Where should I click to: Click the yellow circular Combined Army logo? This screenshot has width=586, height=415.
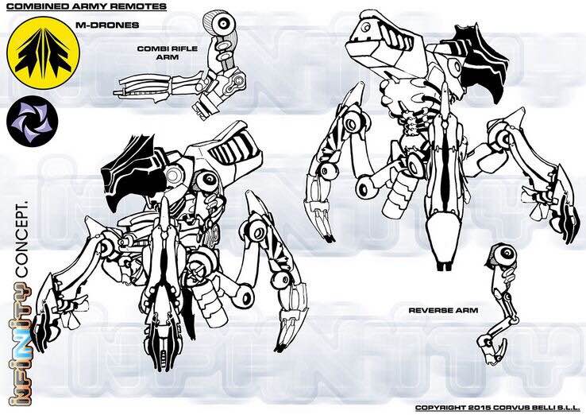coord(43,53)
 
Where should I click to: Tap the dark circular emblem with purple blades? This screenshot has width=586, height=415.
coord(32,121)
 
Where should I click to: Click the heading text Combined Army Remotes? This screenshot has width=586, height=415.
coord(87,6)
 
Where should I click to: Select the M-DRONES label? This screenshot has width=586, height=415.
coord(107,25)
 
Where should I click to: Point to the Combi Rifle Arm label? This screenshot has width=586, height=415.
coord(167,52)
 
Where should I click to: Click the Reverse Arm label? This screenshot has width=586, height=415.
coord(443,310)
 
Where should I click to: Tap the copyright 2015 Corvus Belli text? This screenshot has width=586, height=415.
coord(498,408)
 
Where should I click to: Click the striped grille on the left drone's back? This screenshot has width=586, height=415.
coord(233,147)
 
